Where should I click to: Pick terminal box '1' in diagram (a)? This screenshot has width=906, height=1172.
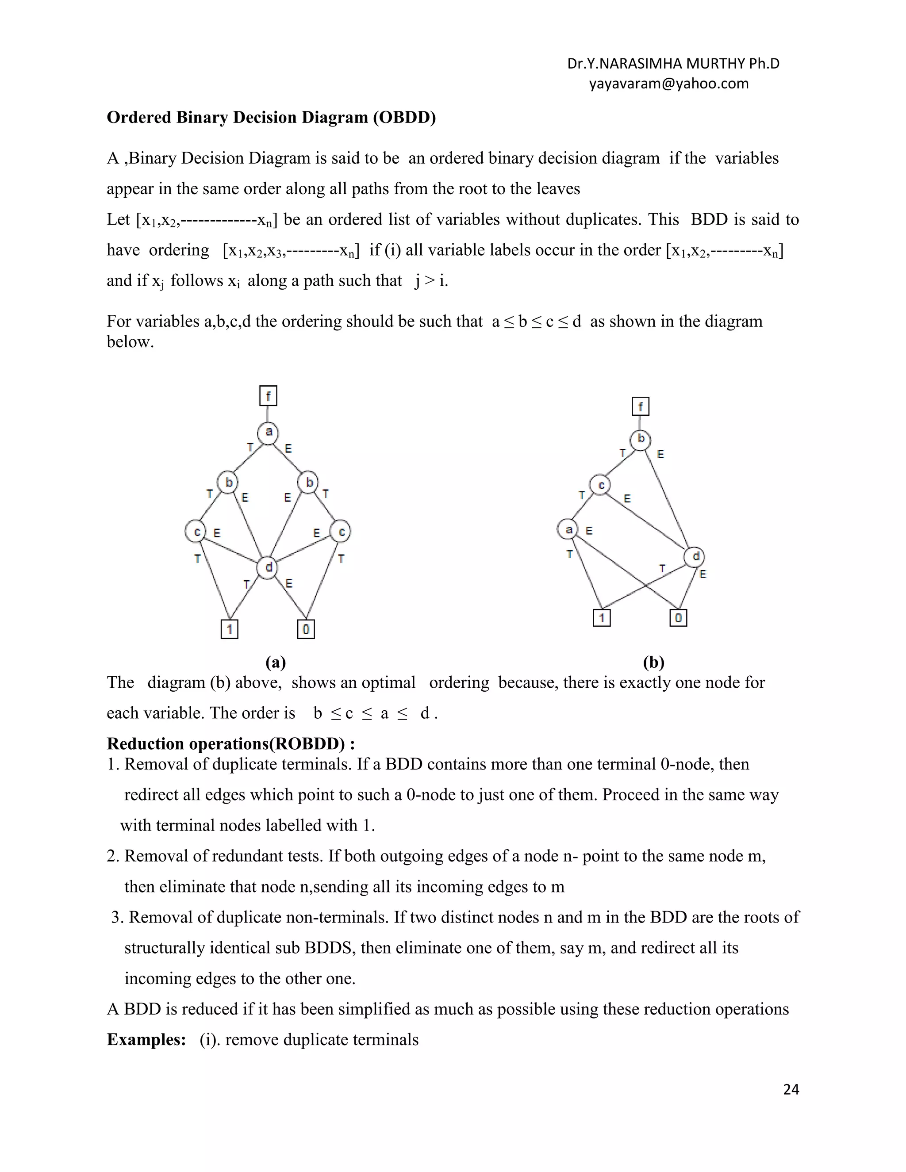click(229, 629)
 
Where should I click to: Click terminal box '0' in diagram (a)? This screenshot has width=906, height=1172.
click(306, 629)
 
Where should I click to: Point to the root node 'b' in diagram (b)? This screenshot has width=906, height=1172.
click(640, 440)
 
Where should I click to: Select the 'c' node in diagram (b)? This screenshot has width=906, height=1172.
click(601, 485)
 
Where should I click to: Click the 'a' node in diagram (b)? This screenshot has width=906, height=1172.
click(568, 530)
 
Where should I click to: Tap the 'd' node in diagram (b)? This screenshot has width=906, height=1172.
click(695, 556)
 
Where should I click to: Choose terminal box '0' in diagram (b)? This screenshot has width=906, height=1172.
click(679, 618)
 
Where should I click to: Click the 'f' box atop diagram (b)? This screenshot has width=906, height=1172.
click(640, 406)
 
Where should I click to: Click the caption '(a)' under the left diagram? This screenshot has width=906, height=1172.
click(275, 663)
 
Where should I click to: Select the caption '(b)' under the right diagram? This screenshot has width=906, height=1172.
click(653, 663)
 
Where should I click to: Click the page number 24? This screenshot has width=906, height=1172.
click(791, 1089)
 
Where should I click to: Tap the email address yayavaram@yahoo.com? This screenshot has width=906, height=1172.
click(668, 84)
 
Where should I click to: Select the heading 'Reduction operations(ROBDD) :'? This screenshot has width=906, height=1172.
click(231, 744)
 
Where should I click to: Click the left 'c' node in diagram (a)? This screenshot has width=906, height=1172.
click(196, 531)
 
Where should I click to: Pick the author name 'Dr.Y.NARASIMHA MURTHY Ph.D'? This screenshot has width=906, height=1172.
click(673, 64)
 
